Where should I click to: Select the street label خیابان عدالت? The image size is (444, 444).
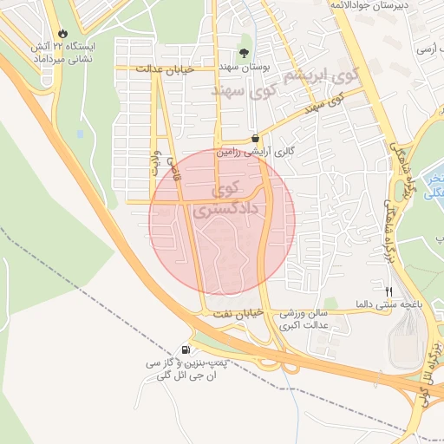point(184,67)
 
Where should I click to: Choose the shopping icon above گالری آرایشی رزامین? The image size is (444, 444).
point(255,138)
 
